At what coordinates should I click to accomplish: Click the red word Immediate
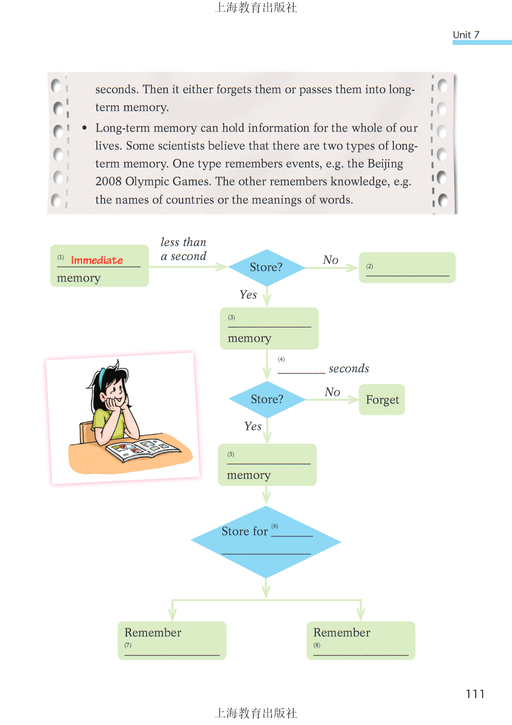point(97,260)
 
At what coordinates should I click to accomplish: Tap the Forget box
point(382,400)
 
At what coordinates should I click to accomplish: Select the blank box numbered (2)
point(407,268)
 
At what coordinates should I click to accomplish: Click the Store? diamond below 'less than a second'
point(267,268)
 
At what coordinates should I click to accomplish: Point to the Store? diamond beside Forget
point(267,400)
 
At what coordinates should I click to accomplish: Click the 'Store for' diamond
point(266,542)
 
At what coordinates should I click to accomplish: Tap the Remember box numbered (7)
point(172,641)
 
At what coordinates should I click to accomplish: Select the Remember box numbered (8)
point(361,641)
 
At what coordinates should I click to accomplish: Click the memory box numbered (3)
point(269,329)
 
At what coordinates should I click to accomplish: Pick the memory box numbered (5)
point(267,465)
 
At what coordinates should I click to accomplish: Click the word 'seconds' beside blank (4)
point(349,369)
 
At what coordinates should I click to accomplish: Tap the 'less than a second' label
point(184,249)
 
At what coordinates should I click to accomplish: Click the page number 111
point(475,694)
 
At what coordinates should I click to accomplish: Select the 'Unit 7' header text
point(466,35)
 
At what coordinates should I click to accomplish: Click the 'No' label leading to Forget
point(332,392)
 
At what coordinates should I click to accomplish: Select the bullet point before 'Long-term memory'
point(84,128)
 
